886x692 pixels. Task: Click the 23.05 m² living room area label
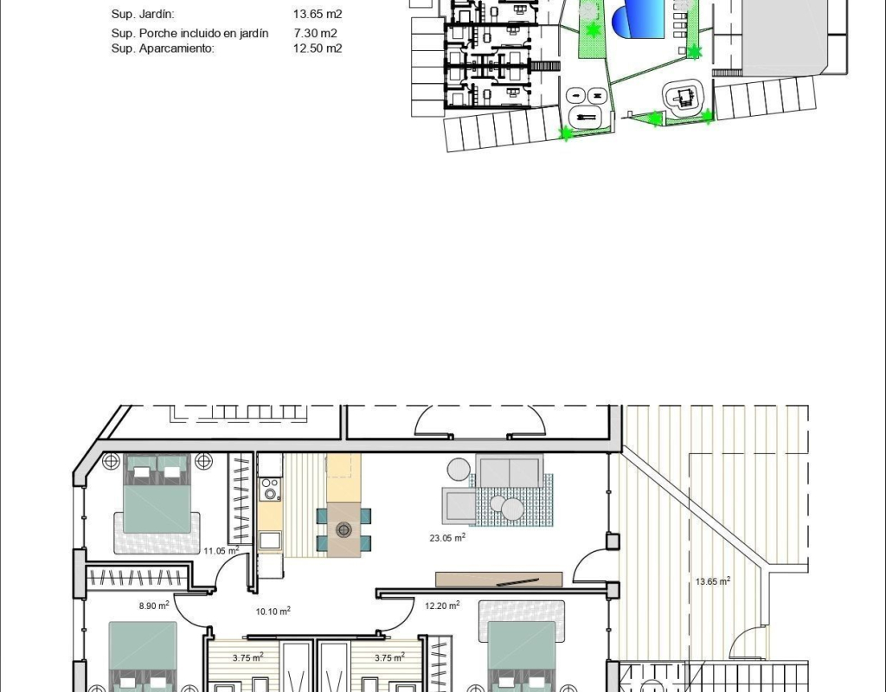coord(447,537)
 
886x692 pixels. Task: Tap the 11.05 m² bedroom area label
coord(221,550)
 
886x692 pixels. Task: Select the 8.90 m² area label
coord(154,605)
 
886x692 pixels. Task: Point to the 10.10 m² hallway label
coord(273,611)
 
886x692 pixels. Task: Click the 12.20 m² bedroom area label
coord(442,605)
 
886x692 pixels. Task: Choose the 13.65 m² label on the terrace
coord(713,580)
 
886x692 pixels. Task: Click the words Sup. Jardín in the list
coord(143,14)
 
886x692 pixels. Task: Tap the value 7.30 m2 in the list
coord(315,34)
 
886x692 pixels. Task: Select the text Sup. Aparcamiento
coord(163,48)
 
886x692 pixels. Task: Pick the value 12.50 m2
coord(318,48)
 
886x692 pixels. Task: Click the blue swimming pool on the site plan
coord(639,20)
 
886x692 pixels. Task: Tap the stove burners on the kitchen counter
coord(271,490)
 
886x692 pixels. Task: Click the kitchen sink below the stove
coord(270,541)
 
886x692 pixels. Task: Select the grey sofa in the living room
coord(509,471)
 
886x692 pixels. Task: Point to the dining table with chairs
coord(343,530)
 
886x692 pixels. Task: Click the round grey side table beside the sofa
coord(459,469)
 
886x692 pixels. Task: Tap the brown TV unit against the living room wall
coord(499,580)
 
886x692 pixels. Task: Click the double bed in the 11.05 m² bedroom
coord(156,494)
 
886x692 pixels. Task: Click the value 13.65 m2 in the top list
coord(318,14)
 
